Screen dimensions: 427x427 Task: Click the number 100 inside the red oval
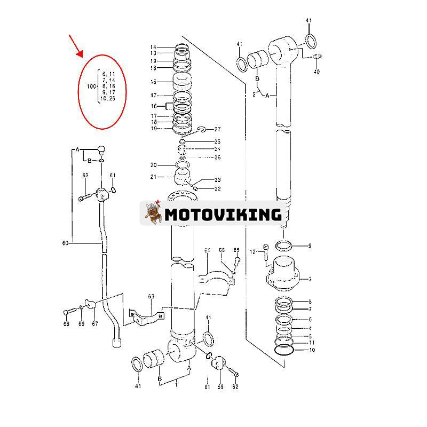[x=91, y=86]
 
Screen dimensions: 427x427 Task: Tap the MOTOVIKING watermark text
[x=223, y=215]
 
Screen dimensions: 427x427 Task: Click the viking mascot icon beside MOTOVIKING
[x=153, y=213]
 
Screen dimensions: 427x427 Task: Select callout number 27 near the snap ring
[x=217, y=130]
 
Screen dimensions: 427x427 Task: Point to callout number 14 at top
[x=153, y=46]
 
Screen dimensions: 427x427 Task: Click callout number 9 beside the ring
[x=309, y=246]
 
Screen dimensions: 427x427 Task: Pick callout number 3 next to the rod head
[x=309, y=279]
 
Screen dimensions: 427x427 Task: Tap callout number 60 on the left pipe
[x=66, y=243]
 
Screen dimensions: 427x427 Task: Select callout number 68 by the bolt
[x=66, y=324]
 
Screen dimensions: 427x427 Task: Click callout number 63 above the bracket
[x=151, y=296]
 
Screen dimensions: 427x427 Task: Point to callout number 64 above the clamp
[x=207, y=250]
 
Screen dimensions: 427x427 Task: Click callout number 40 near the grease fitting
[x=317, y=72]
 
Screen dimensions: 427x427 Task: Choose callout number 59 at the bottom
[x=220, y=386]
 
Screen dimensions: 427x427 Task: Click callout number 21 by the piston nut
[x=153, y=177]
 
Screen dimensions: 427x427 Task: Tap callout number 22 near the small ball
[x=217, y=188]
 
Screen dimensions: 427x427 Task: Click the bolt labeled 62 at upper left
[x=85, y=197]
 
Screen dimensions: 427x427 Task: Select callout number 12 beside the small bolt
[x=253, y=251]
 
